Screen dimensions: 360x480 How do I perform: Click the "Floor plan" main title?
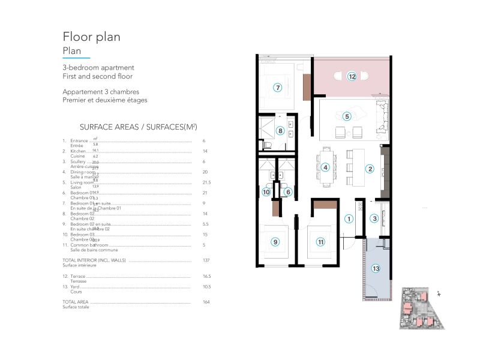(91, 37)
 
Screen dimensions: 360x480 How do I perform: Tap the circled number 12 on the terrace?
(352, 76)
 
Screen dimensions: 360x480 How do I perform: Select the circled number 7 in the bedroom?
(277, 87)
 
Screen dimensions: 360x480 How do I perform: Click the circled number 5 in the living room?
(346, 116)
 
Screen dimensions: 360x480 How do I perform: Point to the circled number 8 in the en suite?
(280, 130)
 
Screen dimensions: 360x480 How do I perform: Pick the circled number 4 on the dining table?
(325, 167)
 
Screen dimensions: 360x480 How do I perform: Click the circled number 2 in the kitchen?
(370, 169)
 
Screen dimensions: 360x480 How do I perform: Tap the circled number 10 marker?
(266, 192)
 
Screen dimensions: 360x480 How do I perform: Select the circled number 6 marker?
(287, 192)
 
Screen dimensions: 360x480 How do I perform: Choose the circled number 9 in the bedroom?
(275, 242)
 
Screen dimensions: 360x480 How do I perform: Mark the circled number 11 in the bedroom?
(321, 242)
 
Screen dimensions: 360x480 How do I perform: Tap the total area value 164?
(206, 302)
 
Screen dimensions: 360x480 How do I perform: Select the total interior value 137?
(206, 261)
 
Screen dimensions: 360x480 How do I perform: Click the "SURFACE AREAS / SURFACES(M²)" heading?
(139, 127)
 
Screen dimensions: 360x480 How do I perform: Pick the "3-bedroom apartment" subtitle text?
(98, 68)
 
